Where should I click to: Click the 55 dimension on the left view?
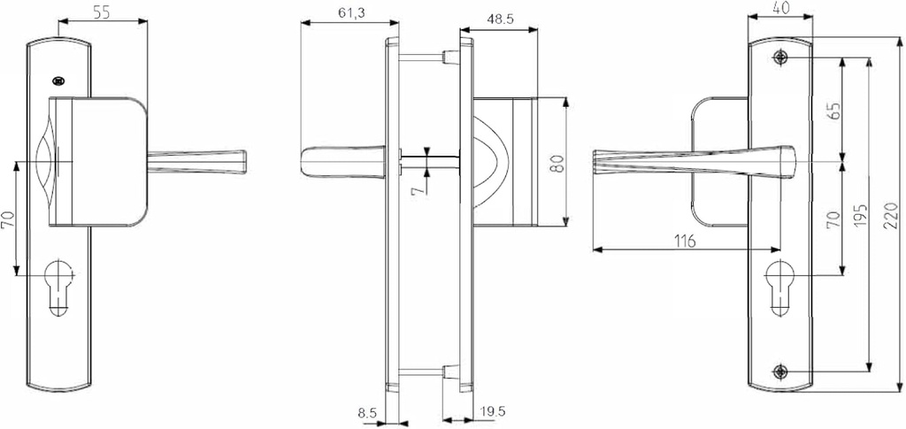[x=103, y=13]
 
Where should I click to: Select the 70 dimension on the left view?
[x=8, y=219]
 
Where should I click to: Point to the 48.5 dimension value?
[x=500, y=18]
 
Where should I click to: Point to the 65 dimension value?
[x=833, y=111]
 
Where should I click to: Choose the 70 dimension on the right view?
[x=833, y=219]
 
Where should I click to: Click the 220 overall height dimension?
[x=892, y=215]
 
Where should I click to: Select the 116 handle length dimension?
[x=682, y=241]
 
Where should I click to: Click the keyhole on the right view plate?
[x=779, y=283]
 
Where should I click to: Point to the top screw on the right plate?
[x=779, y=57]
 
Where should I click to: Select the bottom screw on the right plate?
[x=779, y=371]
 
